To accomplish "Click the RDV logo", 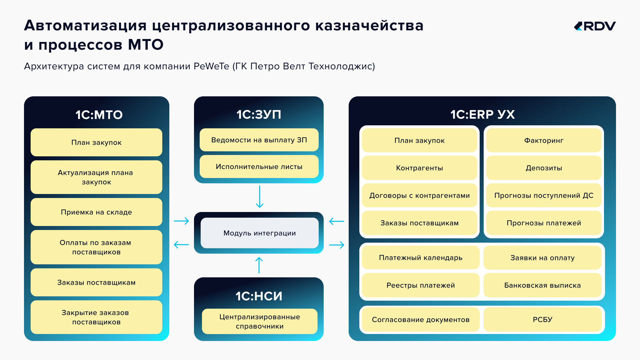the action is point(595,26).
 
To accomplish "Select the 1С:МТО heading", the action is point(99,115).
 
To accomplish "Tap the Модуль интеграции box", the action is point(259,233).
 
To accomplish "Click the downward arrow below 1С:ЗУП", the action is point(260,197).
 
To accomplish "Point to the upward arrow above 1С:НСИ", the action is point(259,265).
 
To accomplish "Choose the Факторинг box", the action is point(544,140).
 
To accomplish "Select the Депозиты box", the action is point(544,168).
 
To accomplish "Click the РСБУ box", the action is point(542,319).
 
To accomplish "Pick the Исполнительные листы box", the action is point(259,166).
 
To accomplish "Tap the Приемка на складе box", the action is point(96,212).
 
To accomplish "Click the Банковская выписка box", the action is point(542,285).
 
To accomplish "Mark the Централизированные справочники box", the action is point(260,321).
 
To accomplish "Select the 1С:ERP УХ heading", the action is point(482,114).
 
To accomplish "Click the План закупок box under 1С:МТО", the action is point(96,142).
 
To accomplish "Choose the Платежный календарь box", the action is point(421,258).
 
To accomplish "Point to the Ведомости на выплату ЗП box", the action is point(259,140).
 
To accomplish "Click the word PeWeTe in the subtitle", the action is point(211,66).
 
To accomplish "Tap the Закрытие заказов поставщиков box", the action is point(96,317).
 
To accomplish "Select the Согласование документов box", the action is point(421,319).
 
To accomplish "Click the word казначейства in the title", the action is point(369,25).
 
